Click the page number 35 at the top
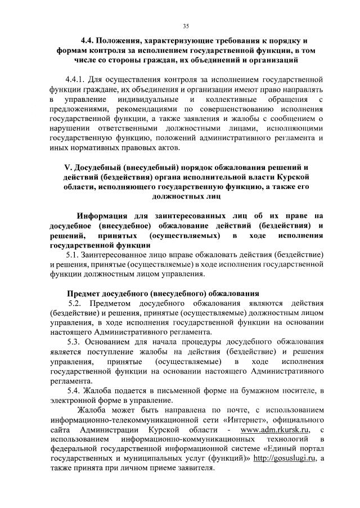click(186, 25)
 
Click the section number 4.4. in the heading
click(89, 41)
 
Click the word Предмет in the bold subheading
click(85, 294)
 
